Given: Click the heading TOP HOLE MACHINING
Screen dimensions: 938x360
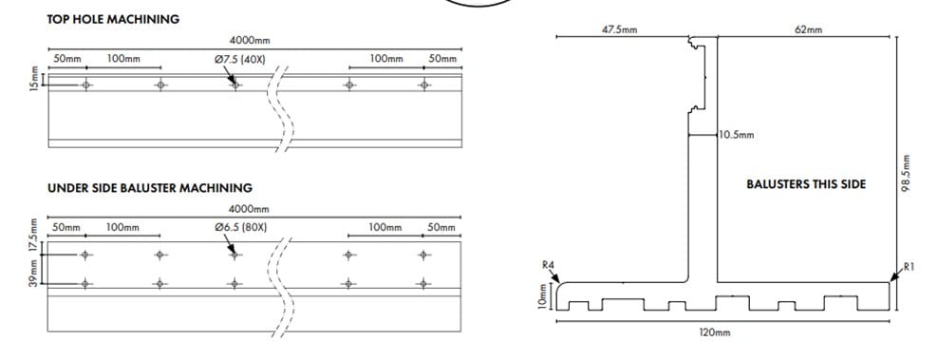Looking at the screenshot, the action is pyautogui.click(x=113, y=19).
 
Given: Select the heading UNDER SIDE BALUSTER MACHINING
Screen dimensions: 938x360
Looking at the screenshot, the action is pyautogui.click(x=150, y=188).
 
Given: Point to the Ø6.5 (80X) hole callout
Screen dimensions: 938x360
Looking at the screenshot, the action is pyautogui.click(x=240, y=228).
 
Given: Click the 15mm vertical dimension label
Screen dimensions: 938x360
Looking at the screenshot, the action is pyautogui.click(x=35, y=79).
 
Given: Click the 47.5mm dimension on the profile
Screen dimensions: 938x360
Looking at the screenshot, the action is pyautogui.click(x=619, y=29).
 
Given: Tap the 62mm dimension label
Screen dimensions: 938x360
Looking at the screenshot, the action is pyautogui.click(x=809, y=29).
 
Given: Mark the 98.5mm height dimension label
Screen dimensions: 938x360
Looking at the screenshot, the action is pyautogui.click(x=906, y=174).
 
